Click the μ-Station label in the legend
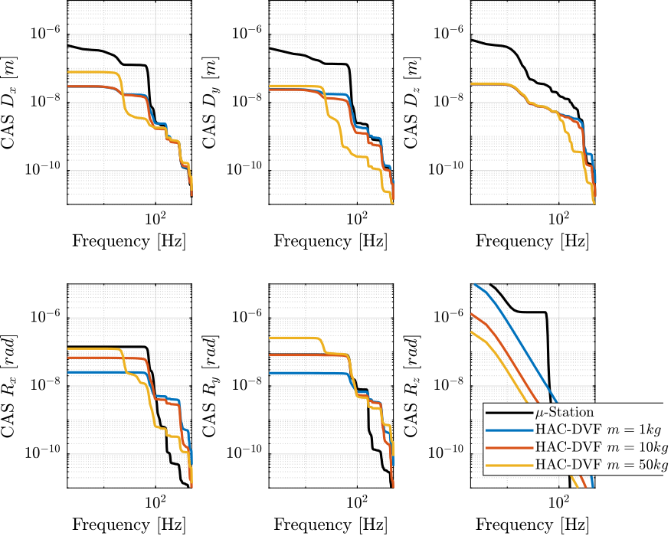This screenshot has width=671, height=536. (565, 413)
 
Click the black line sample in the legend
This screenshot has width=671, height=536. (503, 413)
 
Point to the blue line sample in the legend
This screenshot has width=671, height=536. (503, 430)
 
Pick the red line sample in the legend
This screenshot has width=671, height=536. (503, 447)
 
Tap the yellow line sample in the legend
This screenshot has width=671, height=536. (503, 464)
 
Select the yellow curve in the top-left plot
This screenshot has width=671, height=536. (92, 72)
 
